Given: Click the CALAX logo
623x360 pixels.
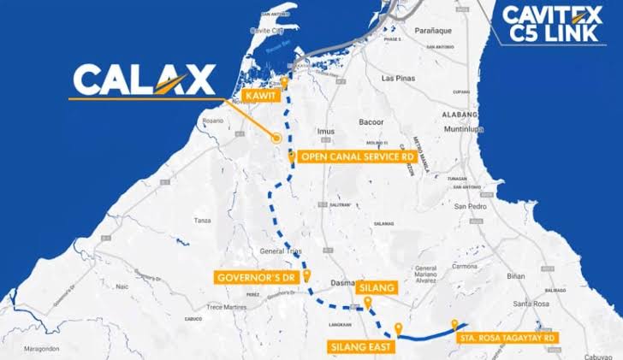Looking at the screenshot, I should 143,80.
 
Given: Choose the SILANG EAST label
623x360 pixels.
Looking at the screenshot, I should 359,346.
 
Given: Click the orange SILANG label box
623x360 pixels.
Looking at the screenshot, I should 376,288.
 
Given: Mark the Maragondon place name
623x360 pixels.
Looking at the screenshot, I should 35,348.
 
